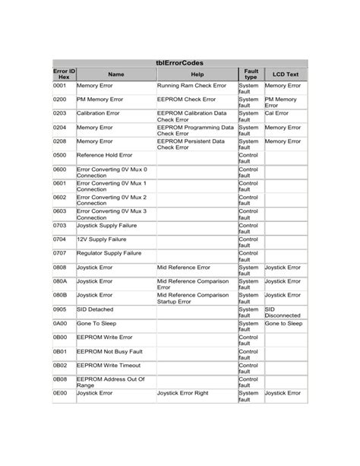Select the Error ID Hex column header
[63, 74]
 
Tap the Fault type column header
[250, 74]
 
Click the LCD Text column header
[285, 74]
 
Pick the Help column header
[197, 74]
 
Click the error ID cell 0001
[60, 86]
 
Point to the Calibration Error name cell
[98, 113]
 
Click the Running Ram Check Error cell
[191, 86]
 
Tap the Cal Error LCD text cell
[276, 113]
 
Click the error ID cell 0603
[60, 211]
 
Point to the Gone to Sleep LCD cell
[283, 324]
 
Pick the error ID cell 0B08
[60, 379]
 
